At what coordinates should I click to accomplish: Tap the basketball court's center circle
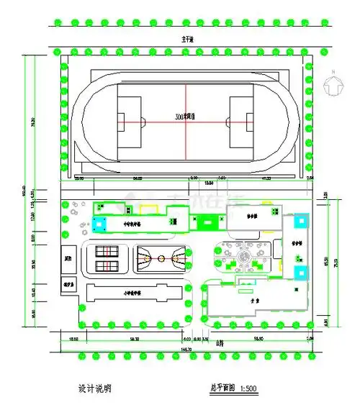(x=161, y=257)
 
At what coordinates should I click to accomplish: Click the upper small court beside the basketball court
(x=108, y=251)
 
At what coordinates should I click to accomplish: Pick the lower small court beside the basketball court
(x=108, y=265)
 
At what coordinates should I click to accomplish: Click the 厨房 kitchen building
(x=69, y=258)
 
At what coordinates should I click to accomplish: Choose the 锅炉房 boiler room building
(x=69, y=283)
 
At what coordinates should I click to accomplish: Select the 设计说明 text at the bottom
(x=94, y=388)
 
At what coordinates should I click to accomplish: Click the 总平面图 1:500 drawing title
(x=229, y=388)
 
